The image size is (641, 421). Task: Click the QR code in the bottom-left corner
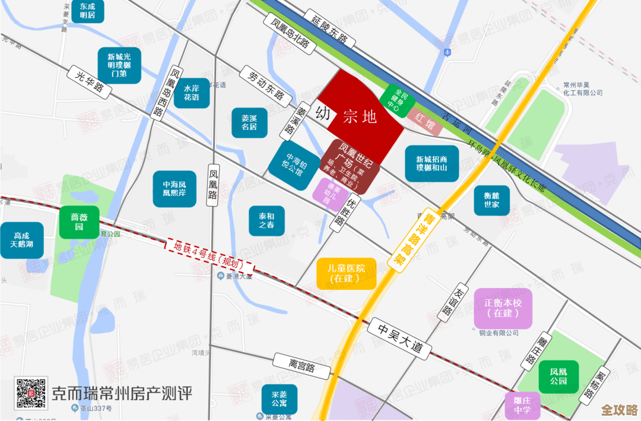coord(31,392)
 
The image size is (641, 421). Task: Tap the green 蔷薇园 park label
coord(79,221)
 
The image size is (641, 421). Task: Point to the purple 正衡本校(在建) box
coord(503,308)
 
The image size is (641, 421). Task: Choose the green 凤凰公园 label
coord(558,376)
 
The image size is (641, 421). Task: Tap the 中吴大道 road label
coord(398,339)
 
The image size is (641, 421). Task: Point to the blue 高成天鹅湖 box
coord(21,240)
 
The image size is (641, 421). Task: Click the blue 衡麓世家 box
coord(491,200)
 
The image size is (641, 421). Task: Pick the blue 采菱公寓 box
coord(279,400)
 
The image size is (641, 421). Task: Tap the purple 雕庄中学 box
coord(523,406)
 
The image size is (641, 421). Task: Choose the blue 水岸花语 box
coord(191,93)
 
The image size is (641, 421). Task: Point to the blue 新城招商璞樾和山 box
coord(431,163)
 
